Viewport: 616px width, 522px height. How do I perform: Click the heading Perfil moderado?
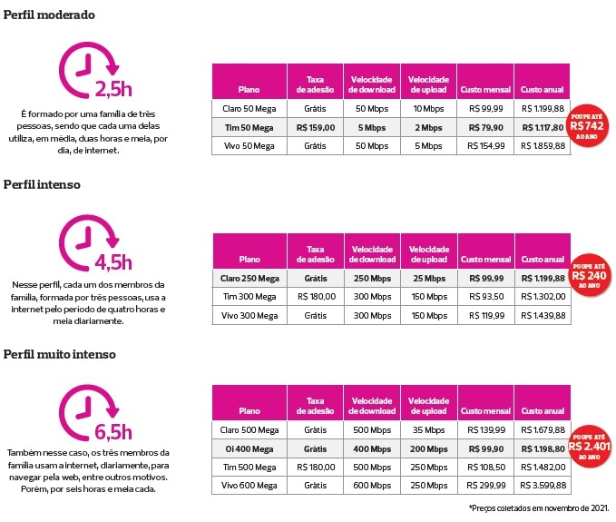click(x=51, y=15)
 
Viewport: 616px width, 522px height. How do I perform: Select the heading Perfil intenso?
click(x=42, y=183)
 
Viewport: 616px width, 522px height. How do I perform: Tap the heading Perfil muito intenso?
click(x=60, y=353)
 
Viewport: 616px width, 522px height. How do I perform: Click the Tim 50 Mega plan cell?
click(x=249, y=127)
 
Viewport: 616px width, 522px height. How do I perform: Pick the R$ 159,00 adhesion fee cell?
click(x=315, y=127)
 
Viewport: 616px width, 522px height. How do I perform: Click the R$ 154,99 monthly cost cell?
click(x=485, y=145)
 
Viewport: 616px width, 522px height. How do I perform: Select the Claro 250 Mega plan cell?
click(x=249, y=278)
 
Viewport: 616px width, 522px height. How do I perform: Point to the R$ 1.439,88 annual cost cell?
click(x=543, y=315)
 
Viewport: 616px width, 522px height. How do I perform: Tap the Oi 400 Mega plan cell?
click(x=249, y=448)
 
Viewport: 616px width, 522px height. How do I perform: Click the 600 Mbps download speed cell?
click(x=372, y=485)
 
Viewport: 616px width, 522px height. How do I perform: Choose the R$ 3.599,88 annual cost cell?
click(x=543, y=485)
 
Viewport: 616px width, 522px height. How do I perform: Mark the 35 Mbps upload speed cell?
click(x=428, y=428)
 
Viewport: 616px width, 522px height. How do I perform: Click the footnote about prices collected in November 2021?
click(x=539, y=508)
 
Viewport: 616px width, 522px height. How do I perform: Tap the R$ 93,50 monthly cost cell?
click(x=485, y=297)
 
